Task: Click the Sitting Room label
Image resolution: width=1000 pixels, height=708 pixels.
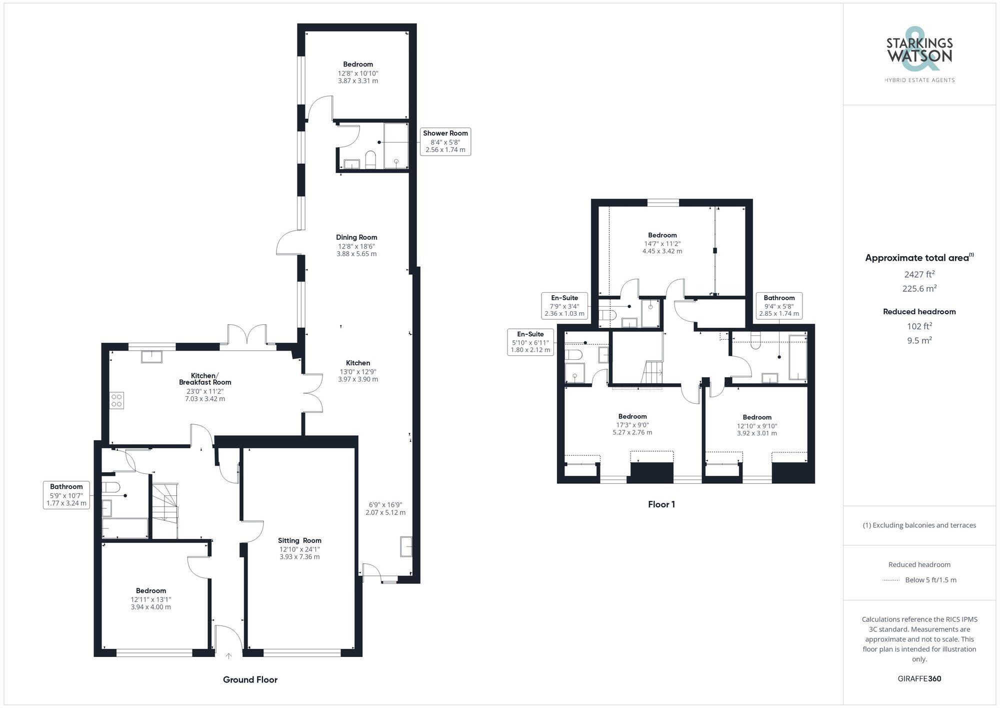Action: [x=299, y=540]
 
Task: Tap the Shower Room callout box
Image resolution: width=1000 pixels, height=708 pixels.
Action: [x=445, y=142]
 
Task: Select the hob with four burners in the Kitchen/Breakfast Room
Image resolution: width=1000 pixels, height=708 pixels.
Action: [x=117, y=401]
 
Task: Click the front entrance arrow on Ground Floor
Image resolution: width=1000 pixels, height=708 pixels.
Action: [x=229, y=655]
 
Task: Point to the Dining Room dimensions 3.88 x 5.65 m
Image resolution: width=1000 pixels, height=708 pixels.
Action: [x=356, y=254]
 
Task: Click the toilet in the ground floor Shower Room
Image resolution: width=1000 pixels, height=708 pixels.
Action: [x=370, y=160]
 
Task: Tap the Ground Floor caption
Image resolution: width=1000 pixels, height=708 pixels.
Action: [x=250, y=679]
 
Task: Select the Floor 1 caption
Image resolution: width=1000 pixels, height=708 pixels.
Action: [x=661, y=504]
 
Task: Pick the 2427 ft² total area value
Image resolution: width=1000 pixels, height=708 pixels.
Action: [x=919, y=274]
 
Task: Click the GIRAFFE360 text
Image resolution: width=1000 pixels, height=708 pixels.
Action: [x=919, y=678]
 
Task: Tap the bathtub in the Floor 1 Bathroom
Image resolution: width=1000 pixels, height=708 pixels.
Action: [x=797, y=357]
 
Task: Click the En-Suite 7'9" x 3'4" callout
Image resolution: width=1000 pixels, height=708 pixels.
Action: [x=564, y=306]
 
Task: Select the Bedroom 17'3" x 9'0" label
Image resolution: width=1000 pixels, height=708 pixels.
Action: [x=632, y=416]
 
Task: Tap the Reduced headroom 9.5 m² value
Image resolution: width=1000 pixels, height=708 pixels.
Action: [x=919, y=340]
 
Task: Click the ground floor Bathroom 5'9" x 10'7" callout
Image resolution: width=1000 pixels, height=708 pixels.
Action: [x=66, y=495]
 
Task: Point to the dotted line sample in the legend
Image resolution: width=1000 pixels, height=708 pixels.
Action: [x=891, y=580]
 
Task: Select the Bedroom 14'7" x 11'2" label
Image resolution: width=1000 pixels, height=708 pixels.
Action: [x=662, y=235]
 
